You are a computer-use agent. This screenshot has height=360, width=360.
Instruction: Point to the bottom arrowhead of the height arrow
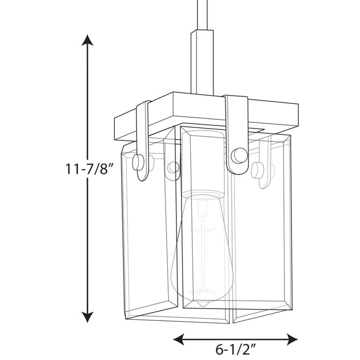coord(88,316)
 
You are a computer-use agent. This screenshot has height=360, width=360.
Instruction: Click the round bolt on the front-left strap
coord(139,162)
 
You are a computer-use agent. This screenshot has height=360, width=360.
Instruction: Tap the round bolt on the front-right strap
coord(238,155)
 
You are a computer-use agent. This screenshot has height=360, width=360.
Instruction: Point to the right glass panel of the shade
coord(262,231)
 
